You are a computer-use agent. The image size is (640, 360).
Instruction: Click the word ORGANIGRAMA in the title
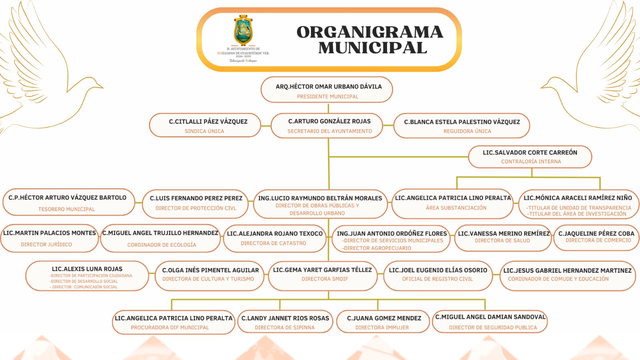(x=369, y=32)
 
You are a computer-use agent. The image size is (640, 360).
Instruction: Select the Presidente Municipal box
(x=327, y=90)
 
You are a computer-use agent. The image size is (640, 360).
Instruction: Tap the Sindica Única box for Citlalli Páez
(x=205, y=126)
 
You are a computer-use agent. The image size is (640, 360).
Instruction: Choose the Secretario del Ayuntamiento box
(x=327, y=126)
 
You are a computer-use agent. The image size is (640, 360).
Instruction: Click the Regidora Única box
(x=461, y=126)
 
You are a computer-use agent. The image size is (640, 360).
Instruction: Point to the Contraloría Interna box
(x=530, y=157)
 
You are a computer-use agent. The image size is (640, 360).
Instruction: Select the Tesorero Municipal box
(x=68, y=203)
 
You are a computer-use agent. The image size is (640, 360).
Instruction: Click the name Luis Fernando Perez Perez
(x=196, y=198)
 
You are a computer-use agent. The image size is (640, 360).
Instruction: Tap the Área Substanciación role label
(x=456, y=208)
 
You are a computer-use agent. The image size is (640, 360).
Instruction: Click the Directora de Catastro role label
(x=273, y=243)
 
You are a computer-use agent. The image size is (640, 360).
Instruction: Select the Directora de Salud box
(x=503, y=238)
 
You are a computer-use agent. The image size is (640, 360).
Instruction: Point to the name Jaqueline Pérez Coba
(x=596, y=233)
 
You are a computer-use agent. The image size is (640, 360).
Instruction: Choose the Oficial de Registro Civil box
(x=438, y=275)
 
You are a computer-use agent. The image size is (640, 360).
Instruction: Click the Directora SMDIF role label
(x=325, y=279)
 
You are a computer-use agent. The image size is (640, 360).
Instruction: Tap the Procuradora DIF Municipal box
(x=173, y=322)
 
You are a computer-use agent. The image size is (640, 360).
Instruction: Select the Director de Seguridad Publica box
(x=490, y=322)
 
